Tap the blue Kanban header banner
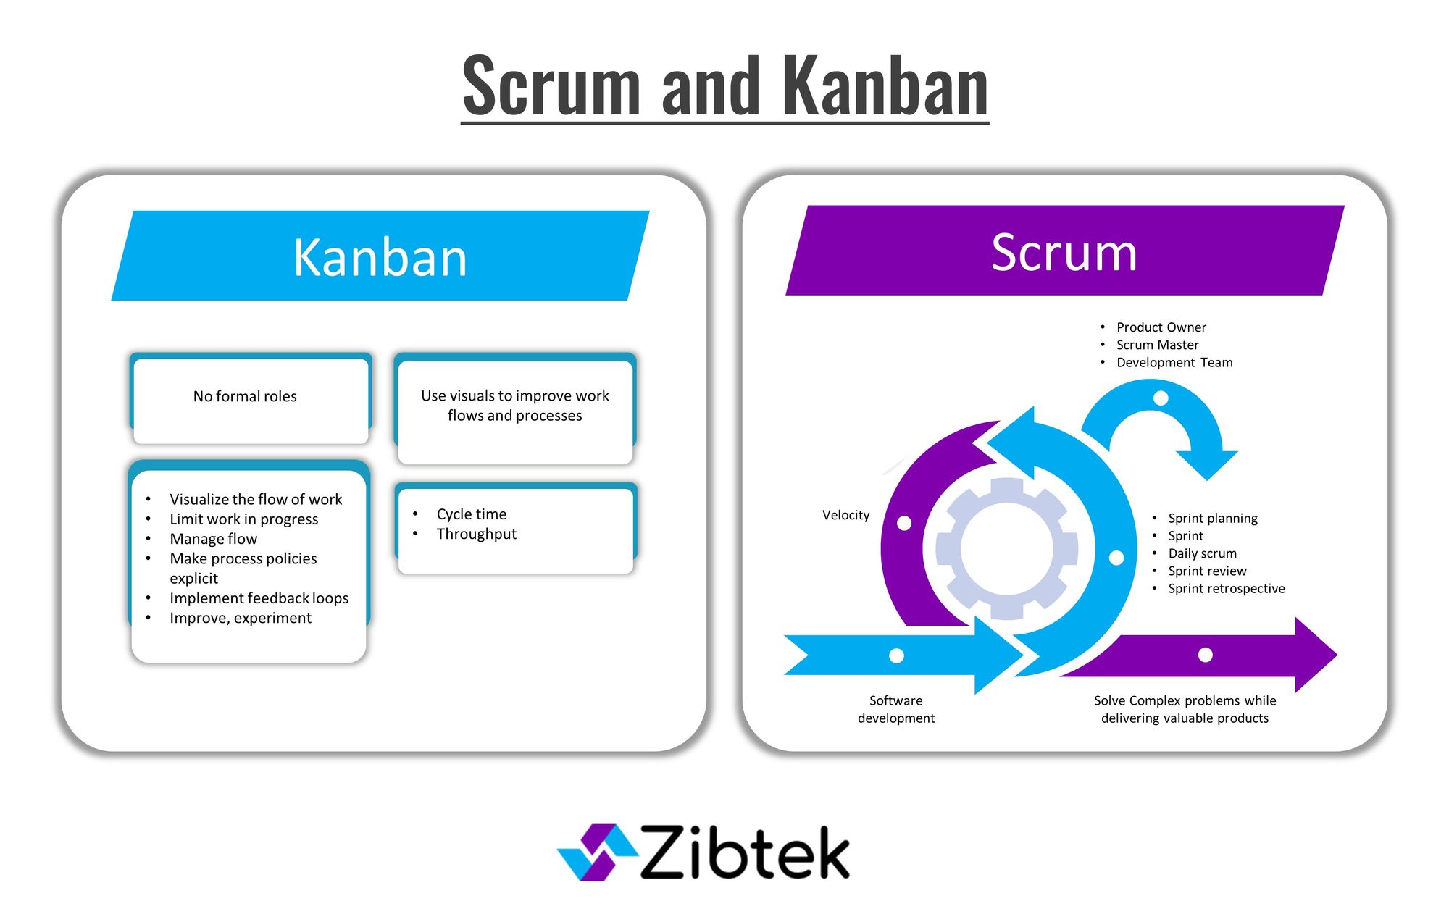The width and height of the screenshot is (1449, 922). pos(380,257)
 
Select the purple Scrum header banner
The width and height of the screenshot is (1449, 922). pos(1064,252)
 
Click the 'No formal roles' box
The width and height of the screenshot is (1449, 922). pos(245,397)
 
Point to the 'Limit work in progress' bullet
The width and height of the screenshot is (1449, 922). pos(243,519)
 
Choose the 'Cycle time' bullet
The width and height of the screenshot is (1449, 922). pos(471,514)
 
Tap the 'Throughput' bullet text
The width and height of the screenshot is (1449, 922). pos(476,535)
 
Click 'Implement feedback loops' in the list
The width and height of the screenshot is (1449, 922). pos(259,598)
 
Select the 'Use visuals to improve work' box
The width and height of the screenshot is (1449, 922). pos(514,406)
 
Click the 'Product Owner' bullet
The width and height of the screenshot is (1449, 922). pos(1161,327)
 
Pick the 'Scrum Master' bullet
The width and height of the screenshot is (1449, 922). pos(1157,345)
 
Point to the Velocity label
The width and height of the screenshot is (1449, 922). pos(845,515)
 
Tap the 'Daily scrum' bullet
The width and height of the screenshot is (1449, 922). pos(1202,553)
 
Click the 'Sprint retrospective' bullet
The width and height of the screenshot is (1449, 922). pos(1226,589)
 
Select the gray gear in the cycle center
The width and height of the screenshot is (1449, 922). pos(1006,548)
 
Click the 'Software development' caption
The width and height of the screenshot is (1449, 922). pos(896,709)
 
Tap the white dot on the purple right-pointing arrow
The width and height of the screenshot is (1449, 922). pos(1206,655)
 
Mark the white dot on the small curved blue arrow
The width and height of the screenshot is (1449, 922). pos(1161,398)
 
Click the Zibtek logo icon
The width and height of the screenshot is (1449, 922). pos(596,852)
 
